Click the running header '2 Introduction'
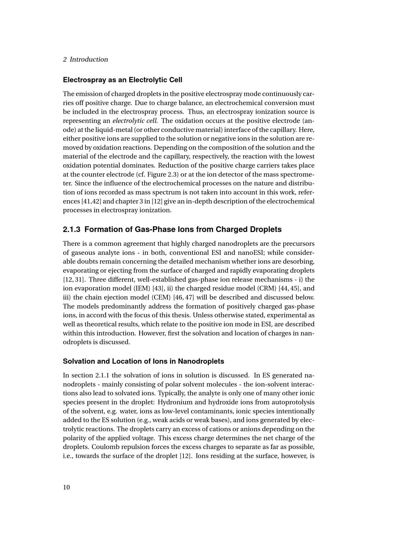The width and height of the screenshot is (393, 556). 85,59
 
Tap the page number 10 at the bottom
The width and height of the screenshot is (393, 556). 66,487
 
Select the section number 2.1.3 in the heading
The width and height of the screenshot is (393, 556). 72,229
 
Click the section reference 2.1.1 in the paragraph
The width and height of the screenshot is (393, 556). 103,375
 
